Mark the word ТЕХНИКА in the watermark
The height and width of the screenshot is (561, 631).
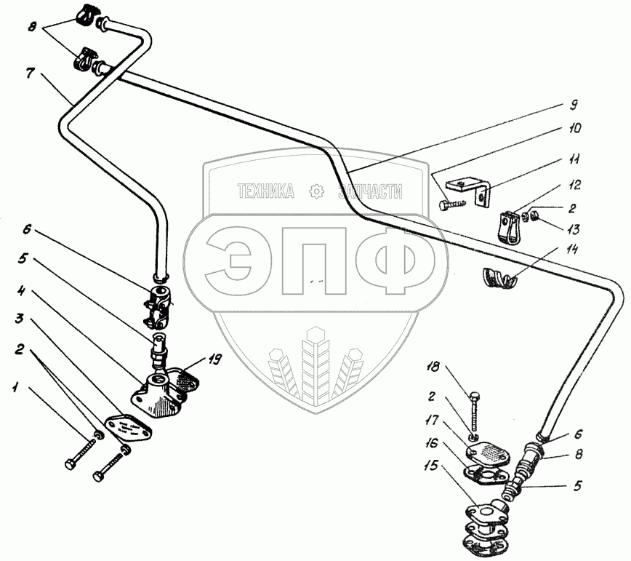(265, 191)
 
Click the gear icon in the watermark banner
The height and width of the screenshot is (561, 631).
(316, 191)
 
